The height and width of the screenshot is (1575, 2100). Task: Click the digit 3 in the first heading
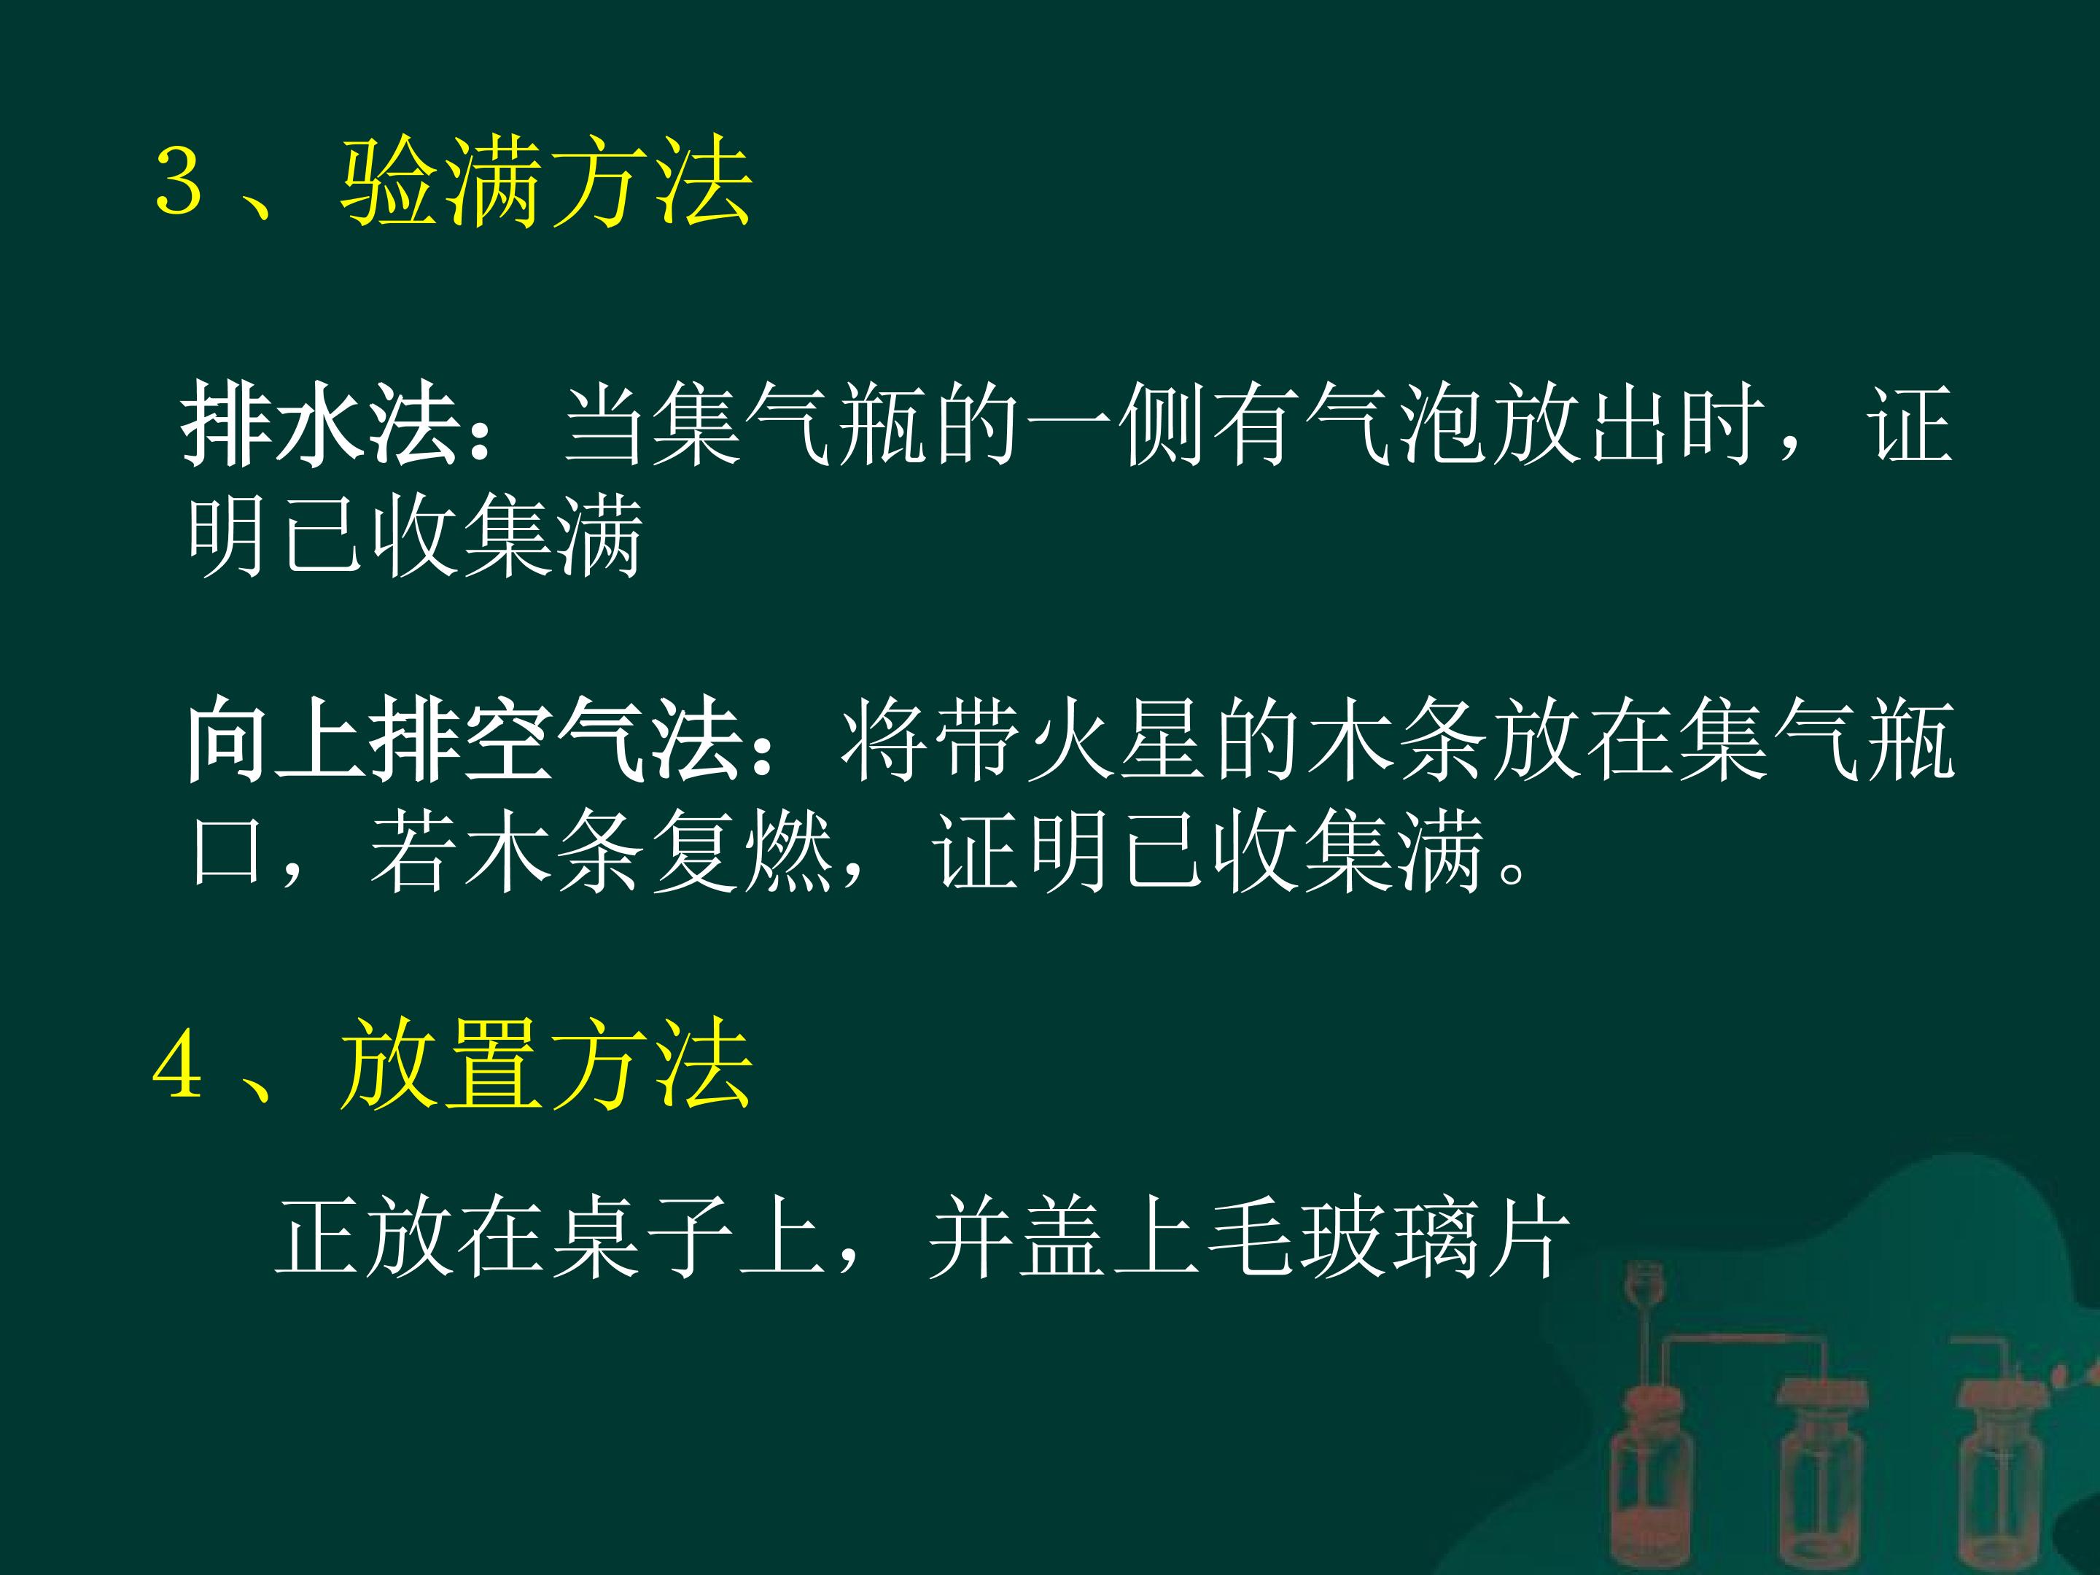click(x=179, y=182)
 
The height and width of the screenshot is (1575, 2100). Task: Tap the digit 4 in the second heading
click(x=179, y=1065)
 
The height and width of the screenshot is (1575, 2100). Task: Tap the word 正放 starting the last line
click(x=365, y=1237)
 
